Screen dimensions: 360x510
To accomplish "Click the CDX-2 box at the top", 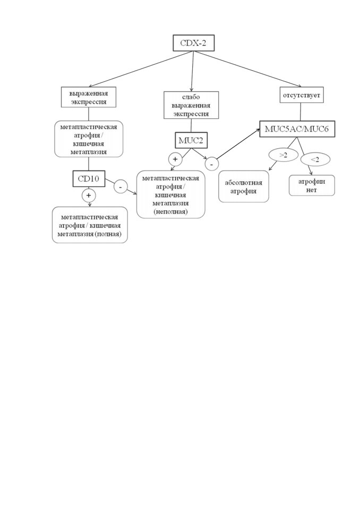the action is point(193,42).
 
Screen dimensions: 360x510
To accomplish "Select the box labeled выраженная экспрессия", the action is point(89,97).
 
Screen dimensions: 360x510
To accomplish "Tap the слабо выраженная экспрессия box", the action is point(191,105).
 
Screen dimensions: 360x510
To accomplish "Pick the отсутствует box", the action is point(302,95).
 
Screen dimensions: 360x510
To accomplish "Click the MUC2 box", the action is point(191,140).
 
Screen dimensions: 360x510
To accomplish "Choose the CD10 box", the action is point(89,178).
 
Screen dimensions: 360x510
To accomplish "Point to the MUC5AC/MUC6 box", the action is point(297,129).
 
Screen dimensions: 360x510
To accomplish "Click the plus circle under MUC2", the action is point(175,159).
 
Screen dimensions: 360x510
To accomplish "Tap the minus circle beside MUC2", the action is point(212,164).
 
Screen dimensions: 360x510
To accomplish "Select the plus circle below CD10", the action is point(89,195).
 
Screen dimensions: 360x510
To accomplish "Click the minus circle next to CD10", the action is point(121,186).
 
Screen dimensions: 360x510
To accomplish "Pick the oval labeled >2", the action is point(283,155).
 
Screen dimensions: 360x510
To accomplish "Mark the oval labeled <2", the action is point(315,159).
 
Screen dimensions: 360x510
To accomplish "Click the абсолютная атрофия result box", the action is point(244,187).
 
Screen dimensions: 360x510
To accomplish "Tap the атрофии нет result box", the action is point(312,186).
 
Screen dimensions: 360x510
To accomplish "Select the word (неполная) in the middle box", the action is point(171,212).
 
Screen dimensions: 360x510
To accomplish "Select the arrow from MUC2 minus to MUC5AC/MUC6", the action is point(238,143).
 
